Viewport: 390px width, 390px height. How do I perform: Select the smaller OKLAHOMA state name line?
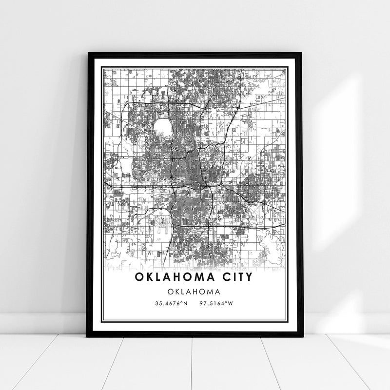click(x=195, y=292)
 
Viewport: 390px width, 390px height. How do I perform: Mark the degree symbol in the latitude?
click(x=181, y=303)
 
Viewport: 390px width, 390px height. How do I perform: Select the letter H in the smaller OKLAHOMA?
click(x=195, y=292)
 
